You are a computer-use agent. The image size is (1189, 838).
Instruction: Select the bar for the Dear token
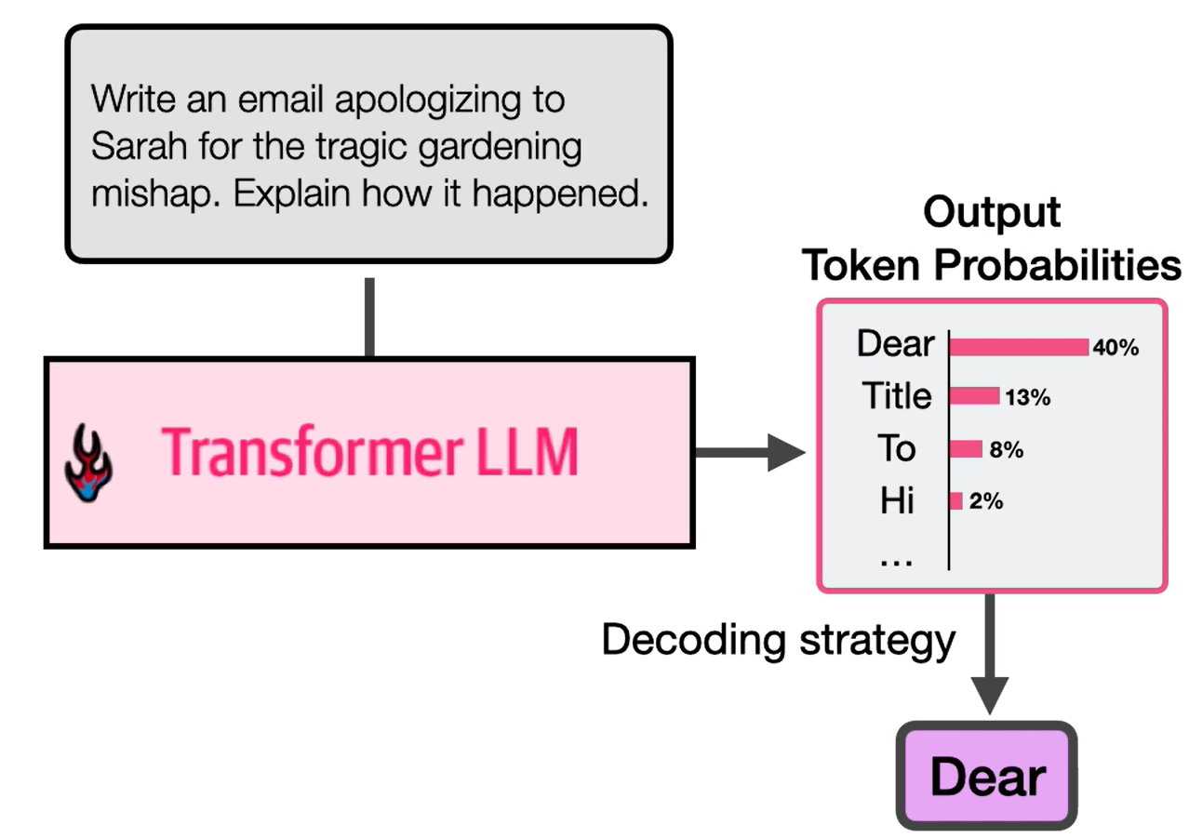pos(1019,347)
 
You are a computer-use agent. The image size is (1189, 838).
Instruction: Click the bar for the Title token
pos(974,397)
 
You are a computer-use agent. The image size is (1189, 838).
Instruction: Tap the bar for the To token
pos(966,449)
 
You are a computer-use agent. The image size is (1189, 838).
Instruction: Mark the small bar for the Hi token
pos(955,501)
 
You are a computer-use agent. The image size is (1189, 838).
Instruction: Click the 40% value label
pos(1116,348)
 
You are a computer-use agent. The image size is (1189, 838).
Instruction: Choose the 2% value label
pos(985,502)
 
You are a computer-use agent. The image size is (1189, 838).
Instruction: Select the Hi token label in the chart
pos(898,502)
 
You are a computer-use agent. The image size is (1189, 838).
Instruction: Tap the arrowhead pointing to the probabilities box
pos(789,453)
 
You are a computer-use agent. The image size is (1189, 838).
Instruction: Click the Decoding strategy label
pos(778,640)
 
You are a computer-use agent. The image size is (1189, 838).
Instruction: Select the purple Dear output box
pos(987,777)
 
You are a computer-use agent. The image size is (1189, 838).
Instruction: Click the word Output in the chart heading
pos(991,213)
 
